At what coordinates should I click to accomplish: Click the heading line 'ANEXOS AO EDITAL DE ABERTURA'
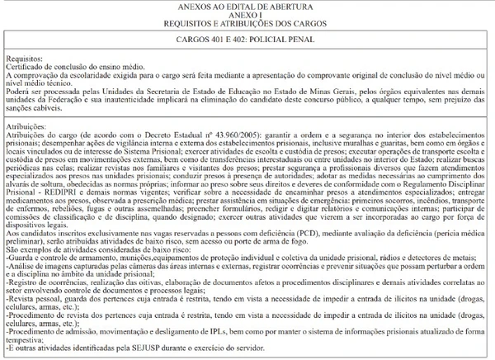(x=247, y=5)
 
